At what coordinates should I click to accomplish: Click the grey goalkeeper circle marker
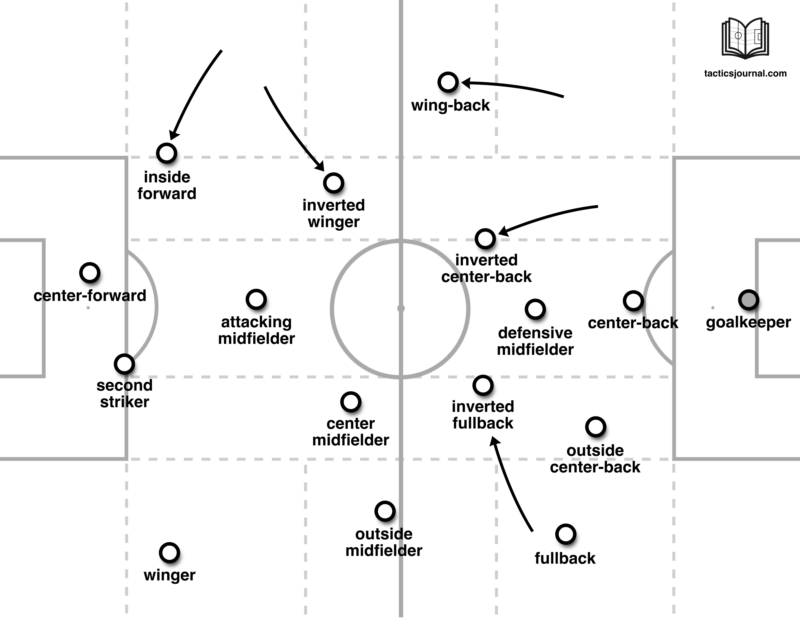[x=748, y=300]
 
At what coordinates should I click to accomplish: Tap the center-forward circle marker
[x=90, y=273]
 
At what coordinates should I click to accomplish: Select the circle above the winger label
[x=169, y=553]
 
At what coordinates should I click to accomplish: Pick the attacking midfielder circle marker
[x=256, y=300]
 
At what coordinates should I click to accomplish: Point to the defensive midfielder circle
[x=535, y=309]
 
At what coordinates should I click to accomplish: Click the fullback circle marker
[x=566, y=534]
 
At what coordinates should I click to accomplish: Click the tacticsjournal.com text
[x=745, y=73]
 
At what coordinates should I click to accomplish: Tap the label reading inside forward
[x=167, y=185]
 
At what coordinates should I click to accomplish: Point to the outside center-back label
[x=595, y=459]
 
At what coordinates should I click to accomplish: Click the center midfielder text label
[x=351, y=432]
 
